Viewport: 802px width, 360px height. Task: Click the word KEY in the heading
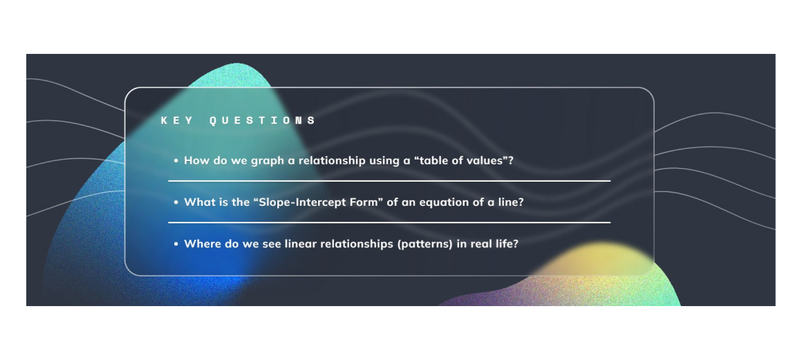click(178, 121)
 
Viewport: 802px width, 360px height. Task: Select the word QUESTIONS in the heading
click(263, 121)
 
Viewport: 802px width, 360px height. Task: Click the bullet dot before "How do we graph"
click(176, 160)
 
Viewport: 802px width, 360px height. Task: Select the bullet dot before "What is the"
click(176, 202)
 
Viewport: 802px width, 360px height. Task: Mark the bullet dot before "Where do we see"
click(176, 245)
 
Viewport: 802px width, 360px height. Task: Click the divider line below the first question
click(389, 180)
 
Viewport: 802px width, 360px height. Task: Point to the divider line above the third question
click(389, 222)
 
